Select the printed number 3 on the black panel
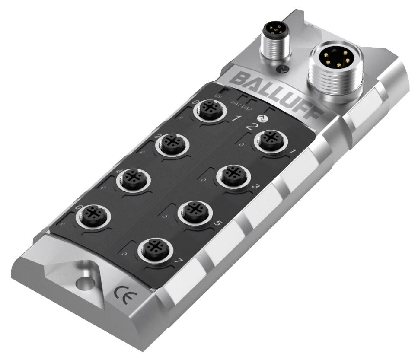pos(255,187)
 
